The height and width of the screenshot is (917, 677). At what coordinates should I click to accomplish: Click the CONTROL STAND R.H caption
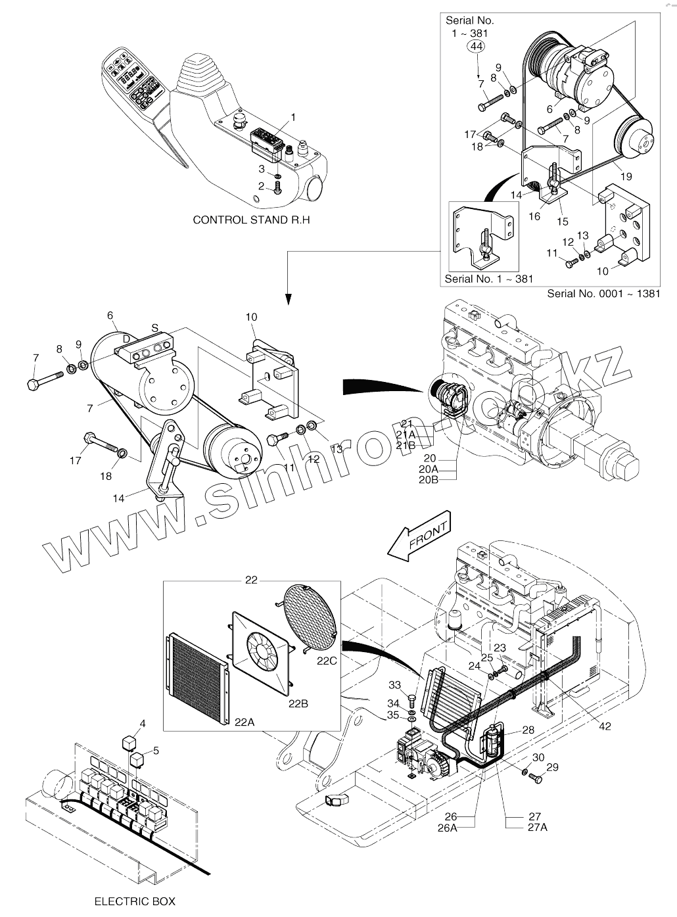[x=251, y=220]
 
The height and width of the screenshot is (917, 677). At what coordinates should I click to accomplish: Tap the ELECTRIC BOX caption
[x=135, y=901]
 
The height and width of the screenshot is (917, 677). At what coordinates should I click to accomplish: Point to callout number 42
[x=605, y=726]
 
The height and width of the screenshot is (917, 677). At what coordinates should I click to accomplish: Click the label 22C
[x=326, y=661]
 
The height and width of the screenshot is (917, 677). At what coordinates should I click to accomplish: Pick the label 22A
[x=244, y=721]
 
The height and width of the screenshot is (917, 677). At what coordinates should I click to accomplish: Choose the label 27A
[x=536, y=828]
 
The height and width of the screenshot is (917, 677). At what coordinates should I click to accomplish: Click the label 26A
[x=447, y=828]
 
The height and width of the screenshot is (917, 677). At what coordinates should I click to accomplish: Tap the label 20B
[x=429, y=479]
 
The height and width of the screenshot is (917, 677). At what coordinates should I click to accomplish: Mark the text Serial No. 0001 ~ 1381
[x=603, y=293]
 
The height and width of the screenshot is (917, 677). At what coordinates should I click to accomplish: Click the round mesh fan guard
[x=310, y=612]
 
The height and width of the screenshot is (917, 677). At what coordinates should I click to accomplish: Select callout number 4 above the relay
[x=142, y=724]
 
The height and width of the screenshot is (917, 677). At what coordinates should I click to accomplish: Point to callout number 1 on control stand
[x=293, y=117]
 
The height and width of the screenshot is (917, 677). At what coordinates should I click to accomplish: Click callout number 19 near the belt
[x=625, y=176]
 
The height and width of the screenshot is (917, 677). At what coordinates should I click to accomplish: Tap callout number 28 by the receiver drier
[x=528, y=730]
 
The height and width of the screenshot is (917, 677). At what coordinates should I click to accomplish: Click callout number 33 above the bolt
[x=413, y=686]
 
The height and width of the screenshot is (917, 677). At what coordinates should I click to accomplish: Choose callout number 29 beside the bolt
[x=552, y=767]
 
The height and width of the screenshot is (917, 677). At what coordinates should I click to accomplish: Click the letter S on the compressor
[x=154, y=327]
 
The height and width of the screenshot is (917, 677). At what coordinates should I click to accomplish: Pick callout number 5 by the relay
[x=156, y=750]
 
